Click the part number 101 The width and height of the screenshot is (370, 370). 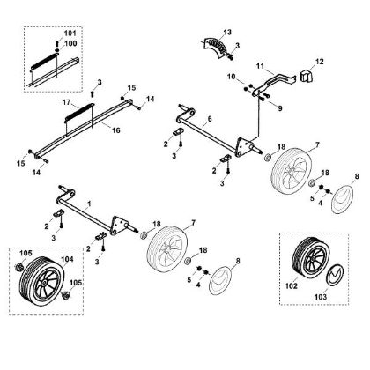(70, 33)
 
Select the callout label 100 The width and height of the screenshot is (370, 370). (70, 43)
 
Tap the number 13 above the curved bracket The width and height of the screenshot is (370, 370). (227, 32)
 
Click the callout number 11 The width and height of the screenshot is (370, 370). (261, 66)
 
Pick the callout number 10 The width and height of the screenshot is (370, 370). (231, 77)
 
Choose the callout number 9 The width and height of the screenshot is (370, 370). (280, 108)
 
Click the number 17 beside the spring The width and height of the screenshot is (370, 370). (67, 102)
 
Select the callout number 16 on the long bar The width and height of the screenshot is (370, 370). (116, 130)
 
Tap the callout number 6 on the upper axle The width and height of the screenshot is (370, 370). (210, 119)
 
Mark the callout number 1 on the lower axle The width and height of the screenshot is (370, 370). (89, 203)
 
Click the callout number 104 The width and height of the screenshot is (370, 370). (67, 259)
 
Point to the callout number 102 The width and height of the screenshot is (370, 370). (292, 285)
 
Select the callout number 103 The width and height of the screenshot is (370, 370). (321, 297)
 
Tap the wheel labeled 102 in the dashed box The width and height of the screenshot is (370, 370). (309, 257)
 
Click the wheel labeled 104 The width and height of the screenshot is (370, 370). (41, 277)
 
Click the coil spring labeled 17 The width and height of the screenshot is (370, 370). (78, 113)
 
